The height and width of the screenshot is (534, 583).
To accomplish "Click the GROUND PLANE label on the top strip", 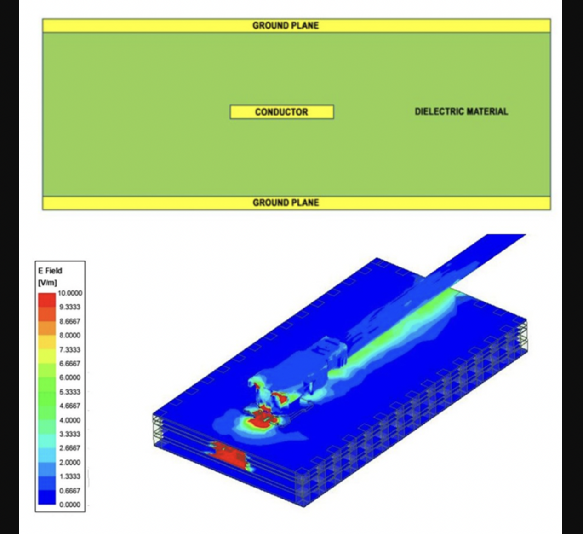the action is [286, 26].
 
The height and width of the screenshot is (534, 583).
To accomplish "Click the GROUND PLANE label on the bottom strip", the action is [286, 203].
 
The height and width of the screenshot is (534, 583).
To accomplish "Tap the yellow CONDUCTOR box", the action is [282, 112].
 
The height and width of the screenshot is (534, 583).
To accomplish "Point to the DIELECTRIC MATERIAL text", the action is [461, 111].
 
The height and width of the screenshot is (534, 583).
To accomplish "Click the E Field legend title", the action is [50, 271].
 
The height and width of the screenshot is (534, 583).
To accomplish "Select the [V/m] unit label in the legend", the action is [47, 283].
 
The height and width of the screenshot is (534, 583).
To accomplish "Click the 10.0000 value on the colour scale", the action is [70, 293].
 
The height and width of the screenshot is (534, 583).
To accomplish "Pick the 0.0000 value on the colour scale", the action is [70, 505].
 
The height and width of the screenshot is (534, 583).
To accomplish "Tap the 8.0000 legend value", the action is [70, 335].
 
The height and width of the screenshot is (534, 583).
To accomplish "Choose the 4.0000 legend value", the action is [70, 420].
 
